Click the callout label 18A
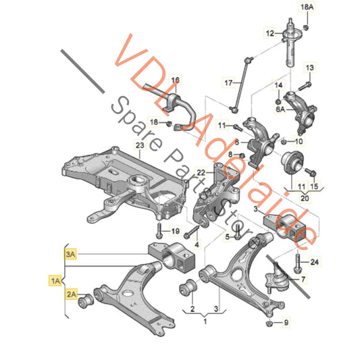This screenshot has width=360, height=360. (307, 9)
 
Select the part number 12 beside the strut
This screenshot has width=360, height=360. (269, 32)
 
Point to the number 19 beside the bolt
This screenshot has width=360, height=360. (174, 231)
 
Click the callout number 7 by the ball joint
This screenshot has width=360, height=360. (302, 279)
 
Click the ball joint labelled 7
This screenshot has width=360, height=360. (278, 275)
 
